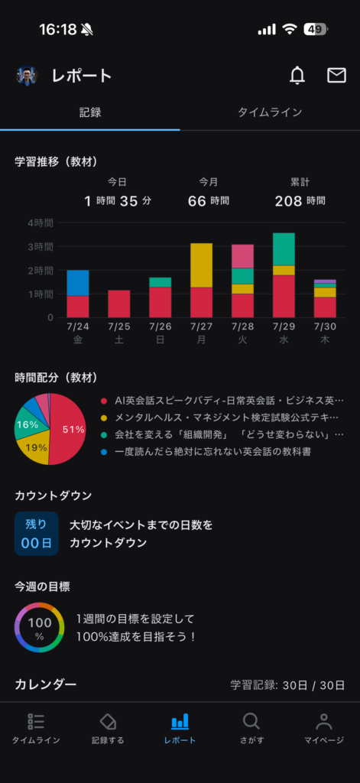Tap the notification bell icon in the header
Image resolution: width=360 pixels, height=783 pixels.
click(x=297, y=76)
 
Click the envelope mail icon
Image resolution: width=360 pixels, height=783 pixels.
click(x=336, y=76)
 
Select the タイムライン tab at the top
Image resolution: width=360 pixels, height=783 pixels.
click(x=270, y=112)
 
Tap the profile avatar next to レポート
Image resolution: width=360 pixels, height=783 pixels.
click(x=27, y=76)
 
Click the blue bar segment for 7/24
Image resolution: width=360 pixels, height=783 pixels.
click(x=78, y=283)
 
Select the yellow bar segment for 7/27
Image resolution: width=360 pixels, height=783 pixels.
click(x=201, y=265)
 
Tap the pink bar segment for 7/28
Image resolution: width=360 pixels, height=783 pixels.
click(x=242, y=256)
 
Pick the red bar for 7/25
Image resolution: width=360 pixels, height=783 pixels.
click(x=118, y=304)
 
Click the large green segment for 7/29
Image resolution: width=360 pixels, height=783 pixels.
click(x=284, y=249)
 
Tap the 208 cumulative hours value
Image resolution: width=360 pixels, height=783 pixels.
click(x=289, y=201)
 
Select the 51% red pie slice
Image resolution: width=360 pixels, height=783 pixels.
click(x=69, y=430)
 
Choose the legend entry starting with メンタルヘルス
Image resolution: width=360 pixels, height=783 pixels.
click(x=222, y=417)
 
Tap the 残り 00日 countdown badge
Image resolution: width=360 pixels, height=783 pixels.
click(x=37, y=534)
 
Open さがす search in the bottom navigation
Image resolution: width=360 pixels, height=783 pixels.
click(x=251, y=729)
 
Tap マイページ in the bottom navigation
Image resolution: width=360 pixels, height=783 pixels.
click(x=324, y=729)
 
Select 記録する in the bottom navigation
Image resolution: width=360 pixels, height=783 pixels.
click(x=108, y=729)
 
